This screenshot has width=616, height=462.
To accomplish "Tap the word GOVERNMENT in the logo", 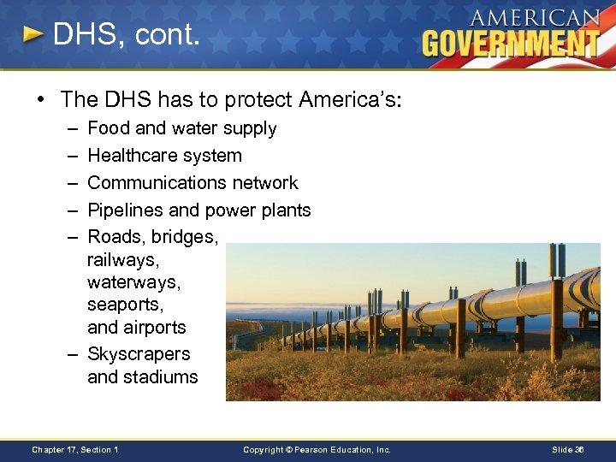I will (511, 42).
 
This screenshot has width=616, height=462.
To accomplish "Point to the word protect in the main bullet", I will (258, 100).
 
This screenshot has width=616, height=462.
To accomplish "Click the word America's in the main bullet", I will (350, 100).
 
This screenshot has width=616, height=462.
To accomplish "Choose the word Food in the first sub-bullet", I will (109, 128).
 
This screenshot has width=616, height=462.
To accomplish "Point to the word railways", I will (123, 259).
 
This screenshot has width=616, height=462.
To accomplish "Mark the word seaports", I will (124, 305).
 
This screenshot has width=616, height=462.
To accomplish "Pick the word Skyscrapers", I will (139, 354).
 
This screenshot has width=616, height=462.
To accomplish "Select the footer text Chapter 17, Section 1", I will (74, 449).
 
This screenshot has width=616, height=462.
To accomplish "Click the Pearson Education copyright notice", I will (317, 449).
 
